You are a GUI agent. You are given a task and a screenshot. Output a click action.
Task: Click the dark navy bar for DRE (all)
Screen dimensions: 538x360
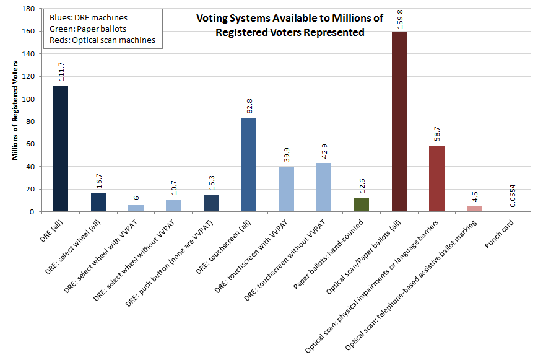tap(61, 148)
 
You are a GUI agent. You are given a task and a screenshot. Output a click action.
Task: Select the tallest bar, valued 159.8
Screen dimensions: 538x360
tap(399, 121)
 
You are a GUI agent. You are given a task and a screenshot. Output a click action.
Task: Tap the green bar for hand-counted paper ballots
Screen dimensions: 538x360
tap(362, 204)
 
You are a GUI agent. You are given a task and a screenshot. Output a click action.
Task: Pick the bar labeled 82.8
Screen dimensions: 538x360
tap(248, 165)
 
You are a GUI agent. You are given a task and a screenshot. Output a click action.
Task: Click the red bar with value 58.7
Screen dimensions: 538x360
tap(437, 178)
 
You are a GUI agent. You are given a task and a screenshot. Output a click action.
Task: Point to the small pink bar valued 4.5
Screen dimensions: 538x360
tap(474, 209)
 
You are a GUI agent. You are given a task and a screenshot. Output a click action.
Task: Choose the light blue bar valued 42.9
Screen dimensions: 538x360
tap(324, 187)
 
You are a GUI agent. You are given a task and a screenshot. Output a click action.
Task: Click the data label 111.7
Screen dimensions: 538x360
tap(61, 71)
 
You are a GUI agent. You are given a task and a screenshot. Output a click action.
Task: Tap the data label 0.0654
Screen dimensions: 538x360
tap(512, 196)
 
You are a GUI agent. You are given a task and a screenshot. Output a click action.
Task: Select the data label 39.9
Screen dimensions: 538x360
tap(287, 154)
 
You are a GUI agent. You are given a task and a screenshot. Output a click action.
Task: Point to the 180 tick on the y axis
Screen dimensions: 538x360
tap(28, 9)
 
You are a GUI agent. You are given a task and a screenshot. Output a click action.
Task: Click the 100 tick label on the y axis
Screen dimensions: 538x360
tap(28, 99)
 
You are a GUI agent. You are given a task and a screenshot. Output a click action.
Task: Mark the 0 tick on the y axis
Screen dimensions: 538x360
tap(32, 212)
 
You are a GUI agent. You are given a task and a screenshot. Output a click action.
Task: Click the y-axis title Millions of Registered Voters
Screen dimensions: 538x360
tap(15, 111)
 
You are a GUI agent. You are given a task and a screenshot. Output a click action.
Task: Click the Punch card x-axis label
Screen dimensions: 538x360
tap(499, 234)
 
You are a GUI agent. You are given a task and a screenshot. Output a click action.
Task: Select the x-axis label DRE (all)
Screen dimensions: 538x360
tap(51, 231)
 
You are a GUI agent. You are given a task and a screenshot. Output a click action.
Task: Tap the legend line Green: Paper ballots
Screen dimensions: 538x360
tap(88, 29)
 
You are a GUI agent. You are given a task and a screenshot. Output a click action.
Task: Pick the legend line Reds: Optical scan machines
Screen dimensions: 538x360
tap(102, 40)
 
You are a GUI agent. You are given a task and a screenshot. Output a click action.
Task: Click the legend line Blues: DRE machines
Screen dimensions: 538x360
tap(89, 17)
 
